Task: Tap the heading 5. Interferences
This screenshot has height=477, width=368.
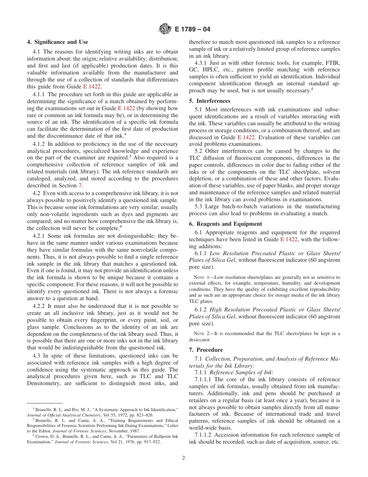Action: (210, 101)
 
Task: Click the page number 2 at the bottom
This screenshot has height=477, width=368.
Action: (184, 458)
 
